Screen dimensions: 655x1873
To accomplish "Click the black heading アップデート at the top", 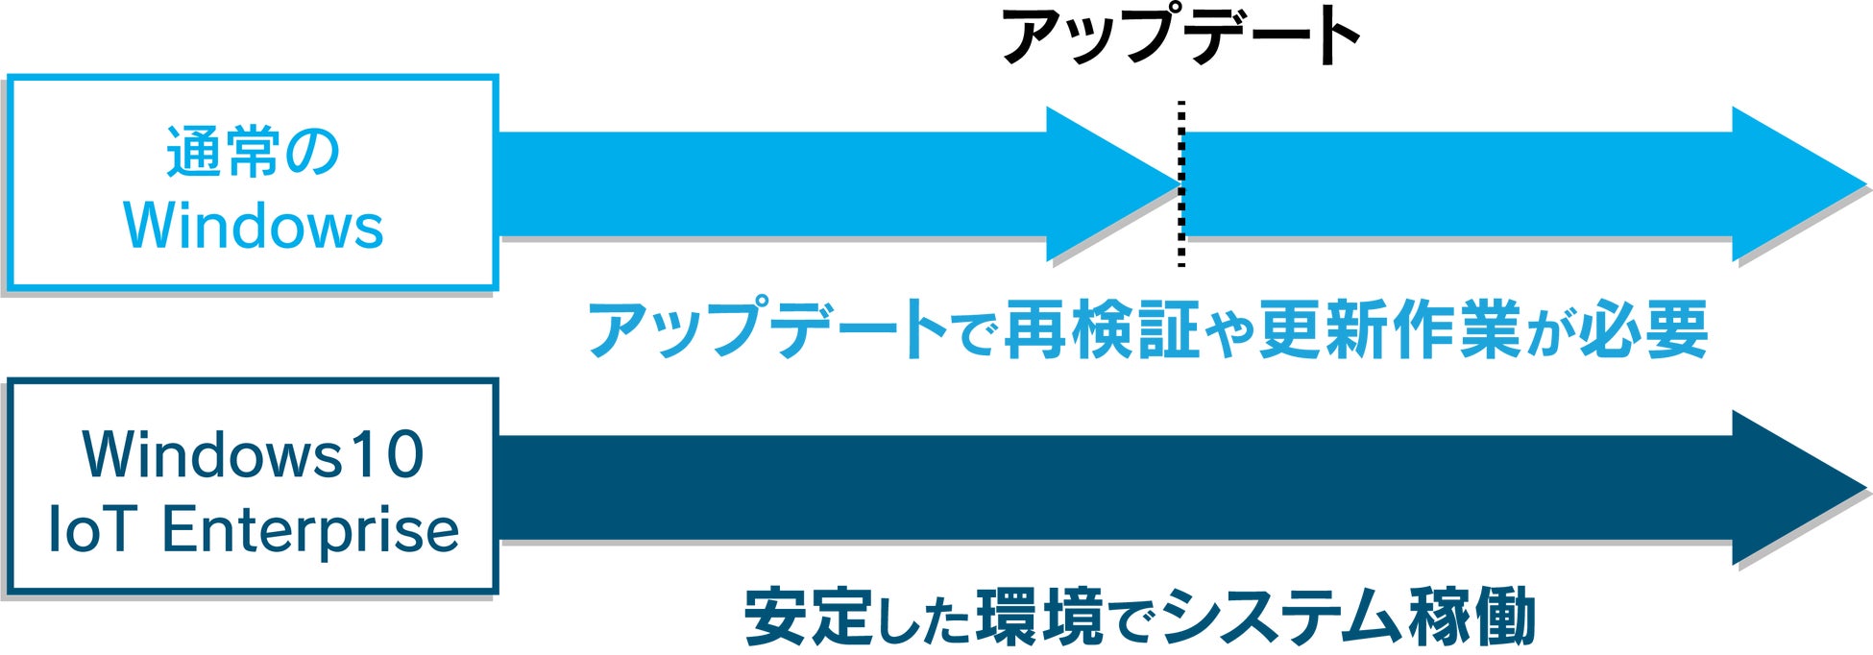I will [x=1180, y=38].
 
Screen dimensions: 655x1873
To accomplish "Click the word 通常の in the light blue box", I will [x=253, y=153].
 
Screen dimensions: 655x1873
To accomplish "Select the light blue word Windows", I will [x=254, y=227].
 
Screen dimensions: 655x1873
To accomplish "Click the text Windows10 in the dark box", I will [x=253, y=454].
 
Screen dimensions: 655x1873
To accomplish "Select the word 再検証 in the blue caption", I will [x=1102, y=330].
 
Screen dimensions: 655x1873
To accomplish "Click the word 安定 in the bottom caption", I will [x=808, y=617].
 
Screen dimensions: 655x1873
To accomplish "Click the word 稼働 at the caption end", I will [x=1473, y=617].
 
